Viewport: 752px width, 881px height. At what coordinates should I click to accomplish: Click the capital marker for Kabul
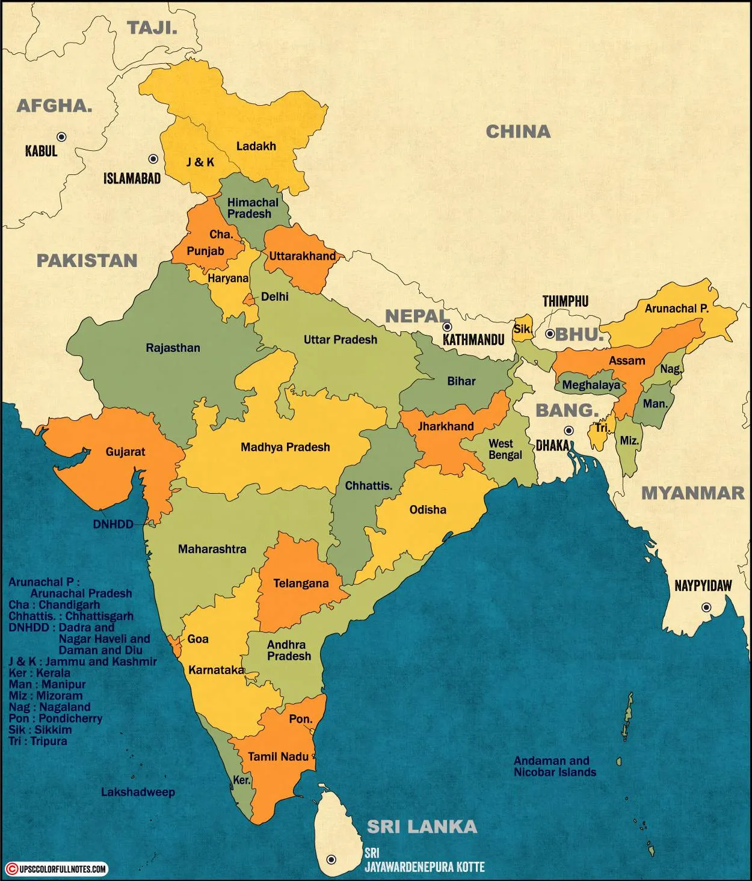61,137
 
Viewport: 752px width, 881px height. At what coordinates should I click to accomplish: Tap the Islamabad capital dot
153,159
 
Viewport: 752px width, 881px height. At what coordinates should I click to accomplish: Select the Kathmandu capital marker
447,327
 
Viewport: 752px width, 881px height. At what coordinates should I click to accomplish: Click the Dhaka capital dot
569,431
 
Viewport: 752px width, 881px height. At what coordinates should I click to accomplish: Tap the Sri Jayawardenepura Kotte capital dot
330,859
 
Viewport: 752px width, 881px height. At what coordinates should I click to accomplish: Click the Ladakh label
256,146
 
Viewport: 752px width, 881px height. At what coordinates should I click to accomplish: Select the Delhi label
274,296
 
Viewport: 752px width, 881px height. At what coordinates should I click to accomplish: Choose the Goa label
198,639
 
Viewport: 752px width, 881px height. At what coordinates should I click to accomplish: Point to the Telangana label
301,583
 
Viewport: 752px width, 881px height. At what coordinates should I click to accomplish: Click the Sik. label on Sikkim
522,330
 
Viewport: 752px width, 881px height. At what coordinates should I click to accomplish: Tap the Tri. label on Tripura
602,428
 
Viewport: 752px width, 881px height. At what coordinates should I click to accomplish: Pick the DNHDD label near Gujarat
112,524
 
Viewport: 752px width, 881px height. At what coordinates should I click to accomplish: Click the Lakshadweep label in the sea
138,792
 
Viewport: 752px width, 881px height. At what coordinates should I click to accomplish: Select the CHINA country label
517,132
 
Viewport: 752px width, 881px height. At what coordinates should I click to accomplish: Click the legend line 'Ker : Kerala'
40,673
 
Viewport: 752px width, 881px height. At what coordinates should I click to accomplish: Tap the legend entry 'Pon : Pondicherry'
55,718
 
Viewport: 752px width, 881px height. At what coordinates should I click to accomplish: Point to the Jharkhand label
446,426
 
